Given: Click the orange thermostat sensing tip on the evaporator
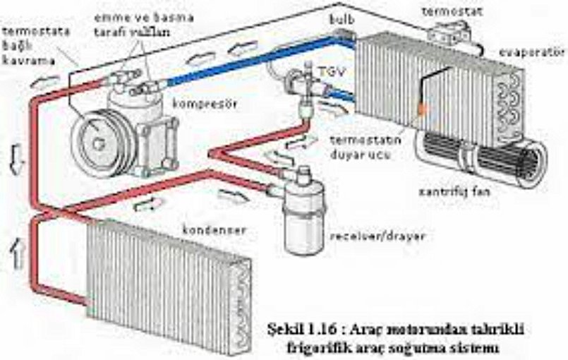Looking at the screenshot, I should click(x=422, y=109).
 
